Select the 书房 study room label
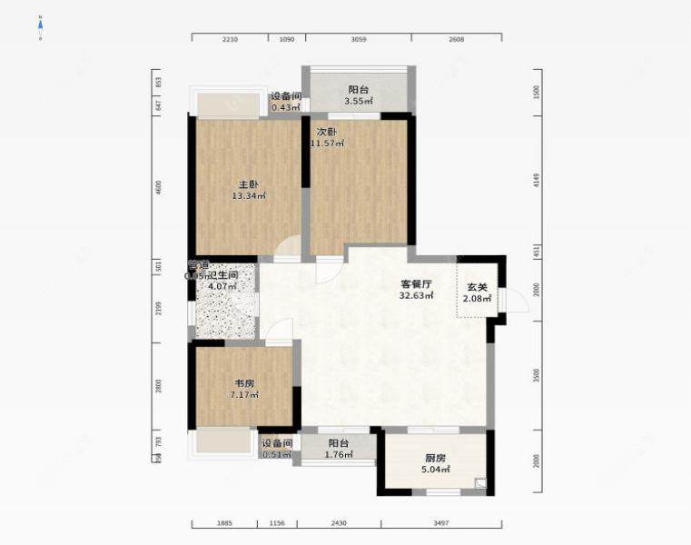(244, 382)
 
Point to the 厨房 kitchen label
(435, 459)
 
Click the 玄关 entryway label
(477, 287)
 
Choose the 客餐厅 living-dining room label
(418, 282)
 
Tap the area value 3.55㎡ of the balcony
(359, 102)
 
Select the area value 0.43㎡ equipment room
(285, 108)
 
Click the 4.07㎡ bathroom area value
(222, 287)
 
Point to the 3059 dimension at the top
(359, 39)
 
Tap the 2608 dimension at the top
(456, 39)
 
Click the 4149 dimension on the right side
(537, 181)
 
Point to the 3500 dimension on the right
(537, 375)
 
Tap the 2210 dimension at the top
(230, 39)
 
